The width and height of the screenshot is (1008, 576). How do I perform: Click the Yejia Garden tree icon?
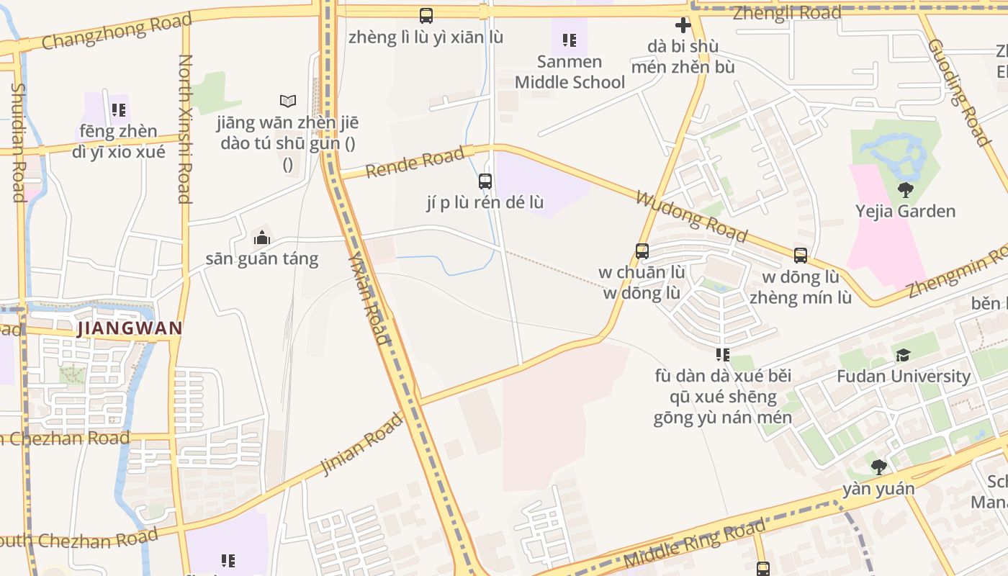tap(906, 190)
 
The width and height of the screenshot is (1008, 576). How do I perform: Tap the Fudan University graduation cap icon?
tap(903, 355)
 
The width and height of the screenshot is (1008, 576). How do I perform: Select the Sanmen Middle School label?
tap(570, 72)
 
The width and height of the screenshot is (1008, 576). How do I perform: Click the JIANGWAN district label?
tap(129, 328)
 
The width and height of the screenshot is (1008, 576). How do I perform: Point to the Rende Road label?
tap(415, 163)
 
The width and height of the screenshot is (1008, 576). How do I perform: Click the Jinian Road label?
tap(362, 444)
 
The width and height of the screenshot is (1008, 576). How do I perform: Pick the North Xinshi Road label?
tap(184, 129)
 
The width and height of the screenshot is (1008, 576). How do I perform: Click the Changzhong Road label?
tap(117, 31)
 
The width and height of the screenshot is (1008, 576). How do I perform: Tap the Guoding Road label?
tap(958, 92)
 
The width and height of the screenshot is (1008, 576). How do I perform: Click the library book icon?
tap(288, 101)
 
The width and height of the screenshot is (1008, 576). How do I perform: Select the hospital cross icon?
tap(683, 26)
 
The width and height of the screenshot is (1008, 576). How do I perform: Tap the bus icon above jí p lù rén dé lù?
tap(485, 181)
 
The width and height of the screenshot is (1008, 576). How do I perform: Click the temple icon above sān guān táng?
tap(261, 237)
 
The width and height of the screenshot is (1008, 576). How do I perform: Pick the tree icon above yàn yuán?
tap(878, 467)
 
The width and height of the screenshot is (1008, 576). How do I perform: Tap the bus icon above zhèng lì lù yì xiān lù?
tap(426, 15)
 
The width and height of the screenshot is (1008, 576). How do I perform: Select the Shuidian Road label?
tap(18, 142)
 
